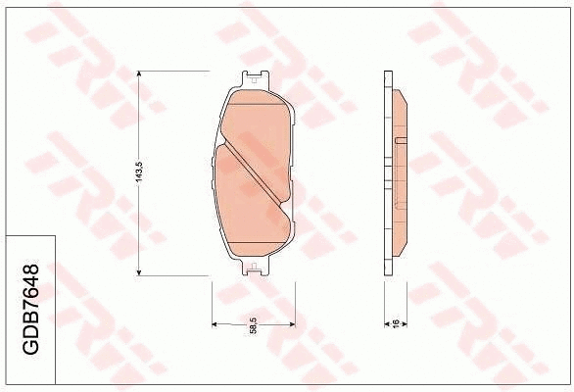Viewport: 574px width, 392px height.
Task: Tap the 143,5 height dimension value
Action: [x=140, y=173]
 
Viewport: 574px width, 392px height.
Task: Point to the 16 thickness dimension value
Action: [x=395, y=324]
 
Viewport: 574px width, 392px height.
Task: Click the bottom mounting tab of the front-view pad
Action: [x=254, y=266]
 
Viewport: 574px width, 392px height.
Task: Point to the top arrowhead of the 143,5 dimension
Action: [x=141, y=74]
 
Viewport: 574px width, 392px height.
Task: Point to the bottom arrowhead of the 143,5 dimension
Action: [x=141, y=272]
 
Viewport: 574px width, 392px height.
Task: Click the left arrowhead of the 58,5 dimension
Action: [x=215, y=324]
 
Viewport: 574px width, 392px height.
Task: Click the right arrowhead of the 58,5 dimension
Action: [x=291, y=324]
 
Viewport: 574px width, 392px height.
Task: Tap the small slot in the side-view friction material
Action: [x=400, y=143]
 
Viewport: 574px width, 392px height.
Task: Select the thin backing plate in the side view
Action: [x=388, y=173]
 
